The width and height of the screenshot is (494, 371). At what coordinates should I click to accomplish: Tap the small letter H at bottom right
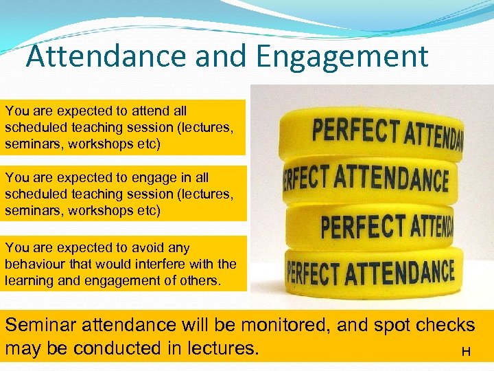[466, 352]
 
